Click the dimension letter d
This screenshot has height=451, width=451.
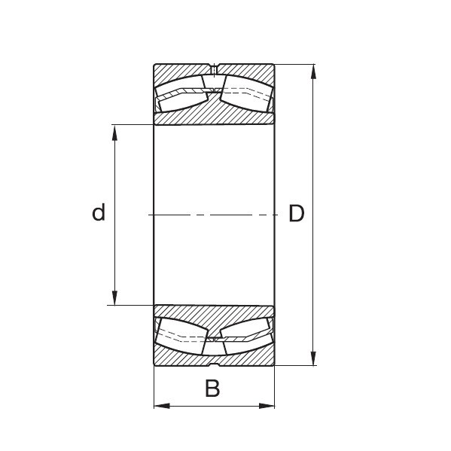pyautogui.click(x=98, y=214)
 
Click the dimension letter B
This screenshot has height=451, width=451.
pyautogui.click(x=213, y=389)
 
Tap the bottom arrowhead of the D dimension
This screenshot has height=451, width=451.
pyautogui.click(x=313, y=358)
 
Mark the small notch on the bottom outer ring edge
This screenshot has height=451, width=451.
pyautogui.click(x=214, y=364)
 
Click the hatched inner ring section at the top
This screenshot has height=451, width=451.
pyautogui.click(x=214, y=113)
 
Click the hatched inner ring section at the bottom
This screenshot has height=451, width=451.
pyautogui.click(x=214, y=317)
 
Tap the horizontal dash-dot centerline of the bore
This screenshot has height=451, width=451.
pyautogui.click(x=214, y=215)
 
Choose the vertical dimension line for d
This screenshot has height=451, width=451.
pyautogui.click(x=114, y=248)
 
